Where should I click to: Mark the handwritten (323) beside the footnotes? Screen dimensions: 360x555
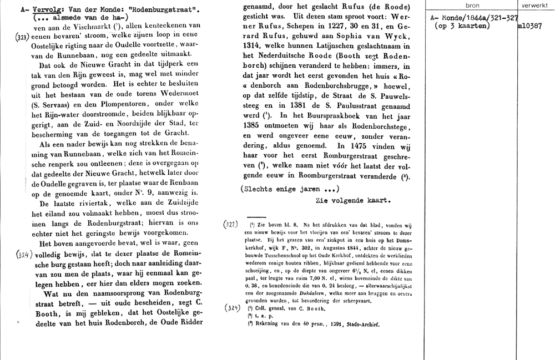point(231,224)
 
